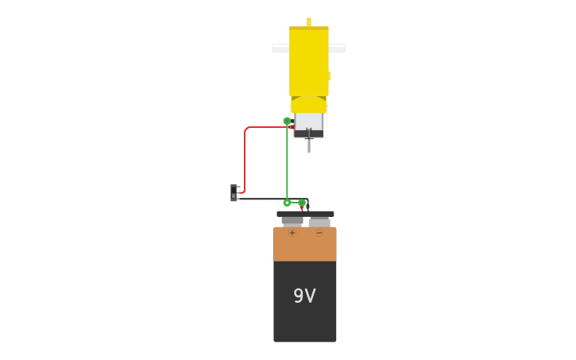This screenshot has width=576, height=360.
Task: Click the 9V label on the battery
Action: (x=304, y=296)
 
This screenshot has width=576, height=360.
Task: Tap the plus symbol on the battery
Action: (x=292, y=233)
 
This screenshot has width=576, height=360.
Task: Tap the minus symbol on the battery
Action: (x=319, y=233)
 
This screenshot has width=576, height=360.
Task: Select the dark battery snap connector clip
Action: (x=305, y=214)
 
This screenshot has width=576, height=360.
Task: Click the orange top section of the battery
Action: (x=305, y=245)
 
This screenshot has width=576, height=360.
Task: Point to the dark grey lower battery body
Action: (x=305, y=318)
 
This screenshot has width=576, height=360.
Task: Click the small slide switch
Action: (x=234, y=192)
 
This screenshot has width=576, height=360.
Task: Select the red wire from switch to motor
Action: (x=245, y=159)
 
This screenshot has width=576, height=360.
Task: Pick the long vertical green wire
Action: (x=287, y=163)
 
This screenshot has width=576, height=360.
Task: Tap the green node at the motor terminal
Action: (x=287, y=122)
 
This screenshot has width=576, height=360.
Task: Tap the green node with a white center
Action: (x=287, y=203)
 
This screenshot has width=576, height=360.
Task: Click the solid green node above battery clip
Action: (x=302, y=203)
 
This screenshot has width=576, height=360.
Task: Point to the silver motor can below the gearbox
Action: (x=309, y=122)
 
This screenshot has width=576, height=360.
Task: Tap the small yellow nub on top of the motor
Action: (x=308, y=21)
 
